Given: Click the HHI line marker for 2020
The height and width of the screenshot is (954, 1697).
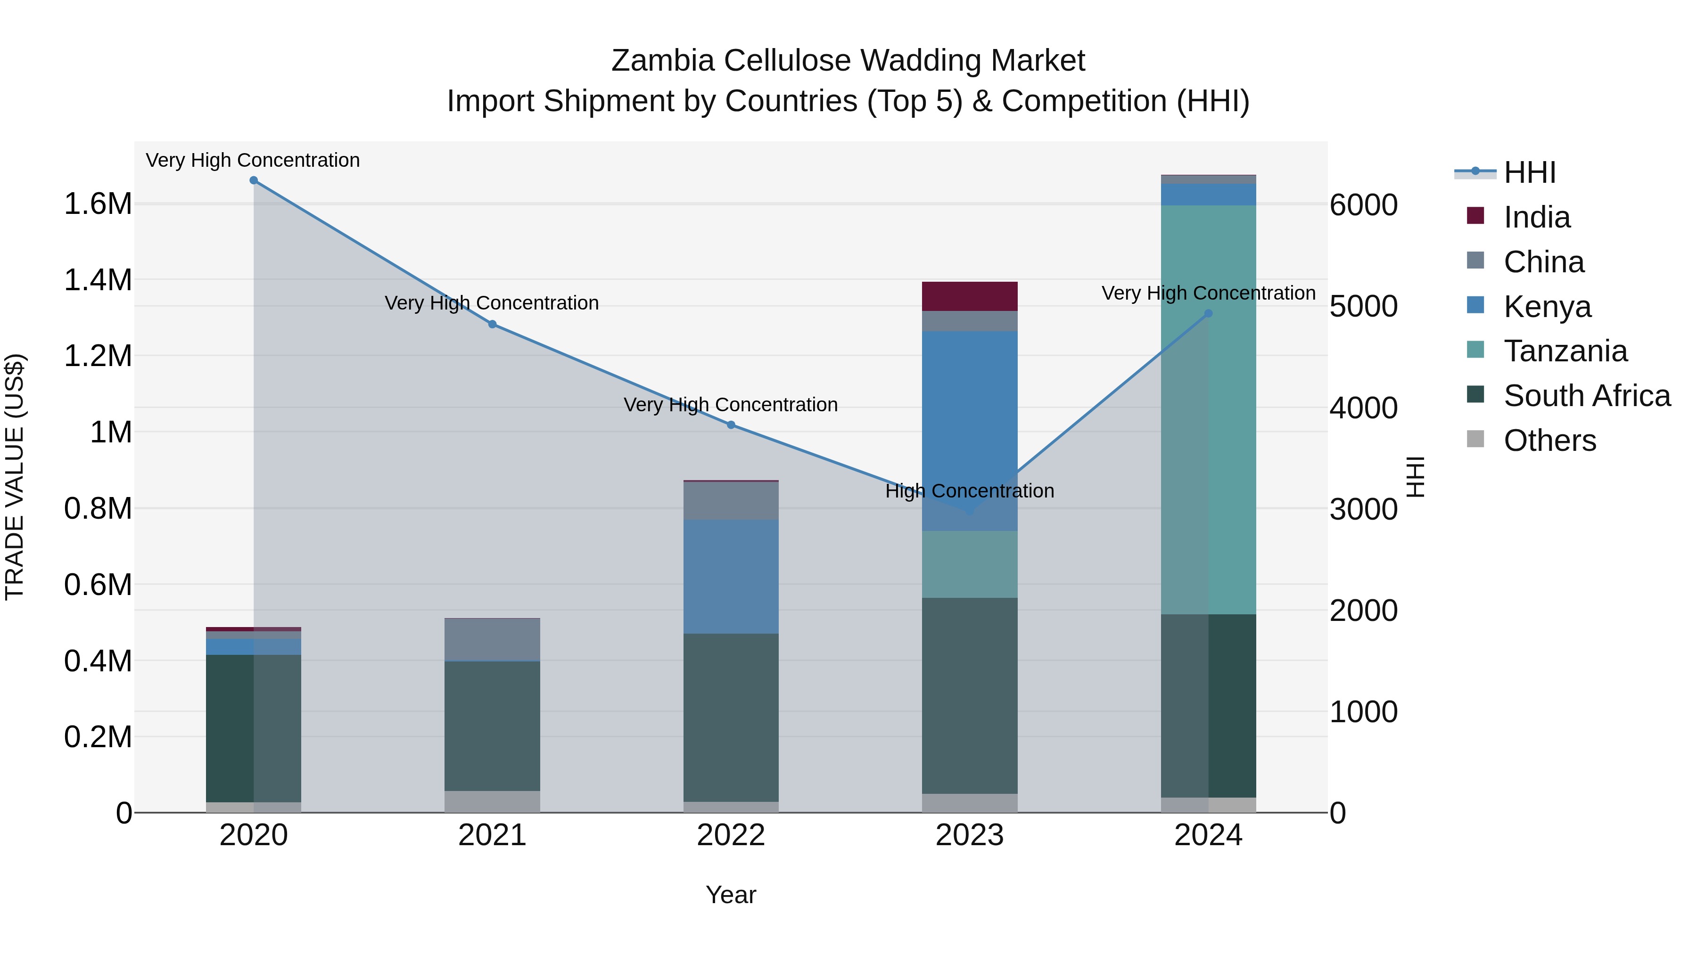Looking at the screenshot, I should tap(254, 180).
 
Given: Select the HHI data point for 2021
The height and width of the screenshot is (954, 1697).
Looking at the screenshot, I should tap(492, 324).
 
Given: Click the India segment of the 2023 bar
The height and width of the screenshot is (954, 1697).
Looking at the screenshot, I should tap(969, 296).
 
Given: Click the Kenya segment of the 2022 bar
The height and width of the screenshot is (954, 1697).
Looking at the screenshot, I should tap(731, 576).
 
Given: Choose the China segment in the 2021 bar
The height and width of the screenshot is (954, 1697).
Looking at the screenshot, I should tap(492, 639).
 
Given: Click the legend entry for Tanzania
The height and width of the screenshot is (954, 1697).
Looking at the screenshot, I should tap(1565, 351).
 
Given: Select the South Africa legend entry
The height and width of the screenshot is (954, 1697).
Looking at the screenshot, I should tap(1586, 396).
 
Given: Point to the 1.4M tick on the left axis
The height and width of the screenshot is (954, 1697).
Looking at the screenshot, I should tap(98, 280).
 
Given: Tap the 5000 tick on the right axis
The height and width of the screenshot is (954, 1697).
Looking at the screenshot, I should tap(1363, 306).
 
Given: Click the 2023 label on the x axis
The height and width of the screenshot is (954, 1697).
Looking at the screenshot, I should tap(969, 835).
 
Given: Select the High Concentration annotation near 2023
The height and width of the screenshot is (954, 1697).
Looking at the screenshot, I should tap(969, 491).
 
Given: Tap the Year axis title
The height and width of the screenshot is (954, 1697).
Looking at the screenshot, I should tap(731, 895).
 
